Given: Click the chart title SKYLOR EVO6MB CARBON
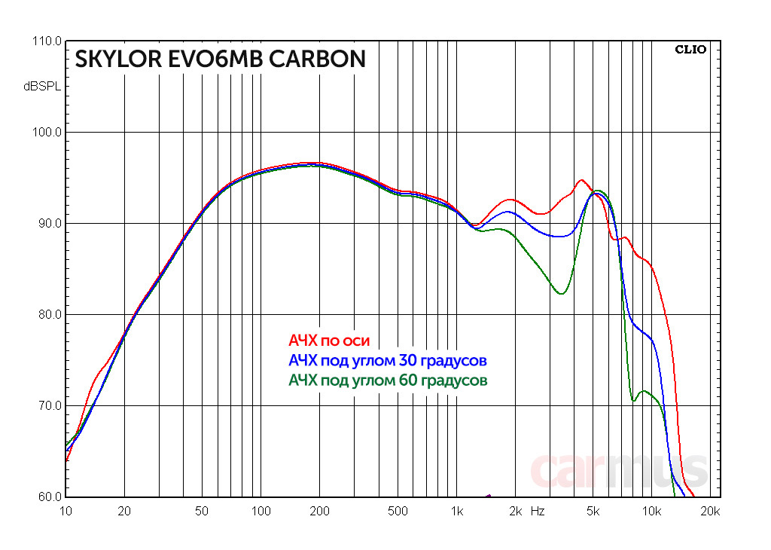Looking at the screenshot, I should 220,60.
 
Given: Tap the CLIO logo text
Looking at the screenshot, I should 690,50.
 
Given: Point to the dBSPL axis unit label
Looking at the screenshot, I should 42,87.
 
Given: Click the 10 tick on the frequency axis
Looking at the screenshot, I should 66,511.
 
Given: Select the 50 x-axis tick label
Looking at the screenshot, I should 202,511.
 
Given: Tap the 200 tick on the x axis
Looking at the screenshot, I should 319,511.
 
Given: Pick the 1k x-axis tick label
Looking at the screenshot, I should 456,511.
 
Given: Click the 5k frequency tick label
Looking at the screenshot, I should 593,511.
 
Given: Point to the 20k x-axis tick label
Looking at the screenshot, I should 711,511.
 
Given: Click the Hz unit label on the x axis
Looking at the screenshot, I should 538,511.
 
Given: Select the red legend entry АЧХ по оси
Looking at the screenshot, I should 329,341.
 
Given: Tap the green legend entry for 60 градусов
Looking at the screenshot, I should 388,380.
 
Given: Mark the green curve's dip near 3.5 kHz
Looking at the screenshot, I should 560,293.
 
